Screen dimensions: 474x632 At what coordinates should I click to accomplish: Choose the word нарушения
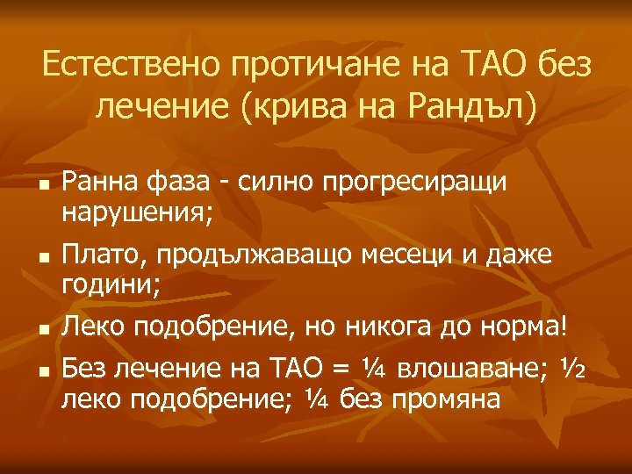click(133, 213)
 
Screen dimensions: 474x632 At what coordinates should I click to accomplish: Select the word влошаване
click(470, 370)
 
